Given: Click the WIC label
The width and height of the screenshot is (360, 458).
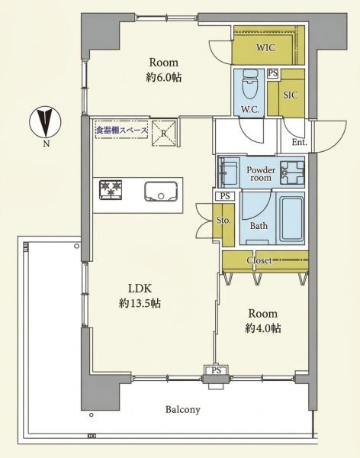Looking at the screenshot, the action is (265, 47).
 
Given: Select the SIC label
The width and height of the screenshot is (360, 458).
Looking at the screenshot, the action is (291, 95).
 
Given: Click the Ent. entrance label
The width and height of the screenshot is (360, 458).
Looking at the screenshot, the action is (300, 142).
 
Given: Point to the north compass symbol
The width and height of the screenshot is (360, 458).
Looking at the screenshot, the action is (45, 121).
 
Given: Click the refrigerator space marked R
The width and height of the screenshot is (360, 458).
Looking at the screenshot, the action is (164, 133).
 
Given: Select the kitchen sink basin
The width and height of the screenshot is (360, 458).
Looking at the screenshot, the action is (161, 192).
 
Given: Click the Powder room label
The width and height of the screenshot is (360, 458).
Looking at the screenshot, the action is (261, 173).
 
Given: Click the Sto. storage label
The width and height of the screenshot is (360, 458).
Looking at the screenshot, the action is (223, 221).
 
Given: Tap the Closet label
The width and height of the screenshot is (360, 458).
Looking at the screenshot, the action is (259, 260).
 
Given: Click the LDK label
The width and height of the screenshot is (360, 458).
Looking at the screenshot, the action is (140, 289).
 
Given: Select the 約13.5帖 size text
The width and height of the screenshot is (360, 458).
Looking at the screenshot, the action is (140, 304).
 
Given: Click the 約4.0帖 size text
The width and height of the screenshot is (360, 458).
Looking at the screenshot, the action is (263, 328).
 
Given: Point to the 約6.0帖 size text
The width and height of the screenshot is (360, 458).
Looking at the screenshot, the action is (164, 77).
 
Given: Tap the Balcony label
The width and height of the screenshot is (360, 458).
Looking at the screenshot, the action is (183, 409).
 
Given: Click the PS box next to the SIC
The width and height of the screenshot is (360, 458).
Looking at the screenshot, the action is (273, 73).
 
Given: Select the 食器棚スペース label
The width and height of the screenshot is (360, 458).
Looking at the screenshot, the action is (122, 131).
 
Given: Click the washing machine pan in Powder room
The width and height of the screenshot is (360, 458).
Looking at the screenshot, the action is (292, 173).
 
